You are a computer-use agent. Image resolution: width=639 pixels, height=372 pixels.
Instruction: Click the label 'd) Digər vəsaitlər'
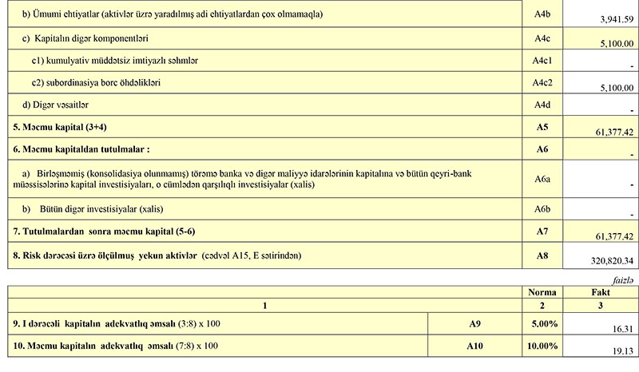click(55, 104)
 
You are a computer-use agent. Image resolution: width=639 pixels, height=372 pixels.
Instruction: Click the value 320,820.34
click(607, 260)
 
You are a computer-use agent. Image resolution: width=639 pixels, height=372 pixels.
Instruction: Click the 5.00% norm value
click(544, 324)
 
